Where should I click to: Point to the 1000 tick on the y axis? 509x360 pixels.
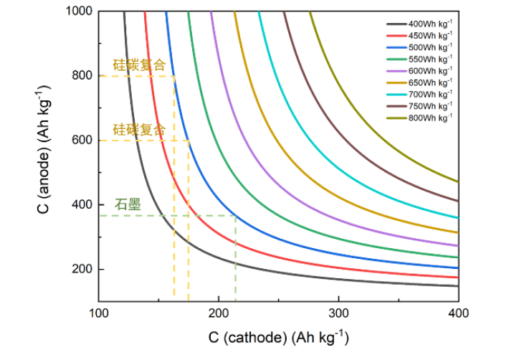pyautogui.click(x=81, y=11)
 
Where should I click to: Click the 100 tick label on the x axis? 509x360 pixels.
pyautogui.click(x=98, y=313)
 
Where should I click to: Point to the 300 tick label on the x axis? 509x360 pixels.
pyautogui.click(x=338, y=313)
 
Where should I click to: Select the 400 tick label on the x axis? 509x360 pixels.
pyautogui.click(x=458, y=313)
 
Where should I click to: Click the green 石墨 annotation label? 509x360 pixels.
pyautogui.click(x=128, y=204)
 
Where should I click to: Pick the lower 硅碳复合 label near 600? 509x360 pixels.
pyautogui.click(x=139, y=130)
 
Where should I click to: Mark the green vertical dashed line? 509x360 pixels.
pyautogui.click(x=236, y=258)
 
